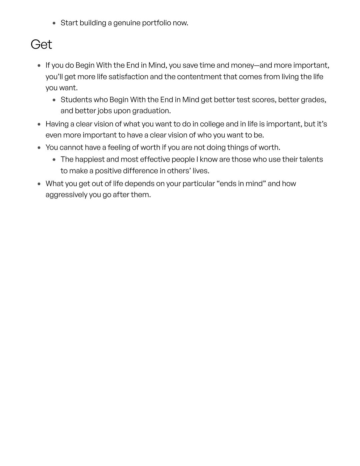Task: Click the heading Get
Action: pos(41,44)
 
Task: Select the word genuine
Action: pos(127,23)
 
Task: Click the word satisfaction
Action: pos(128,77)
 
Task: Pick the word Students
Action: pos(76,100)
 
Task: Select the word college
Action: pos(212,124)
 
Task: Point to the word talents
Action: pos(311,159)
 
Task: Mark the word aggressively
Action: pos(66,195)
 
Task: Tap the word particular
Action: pos(198,184)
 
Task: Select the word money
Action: pos(242,65)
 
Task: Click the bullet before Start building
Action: pos(54,23)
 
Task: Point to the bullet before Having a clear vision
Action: pos(39,124)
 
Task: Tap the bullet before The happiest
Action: pos(54,160)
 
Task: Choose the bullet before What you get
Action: pos(39,184)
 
